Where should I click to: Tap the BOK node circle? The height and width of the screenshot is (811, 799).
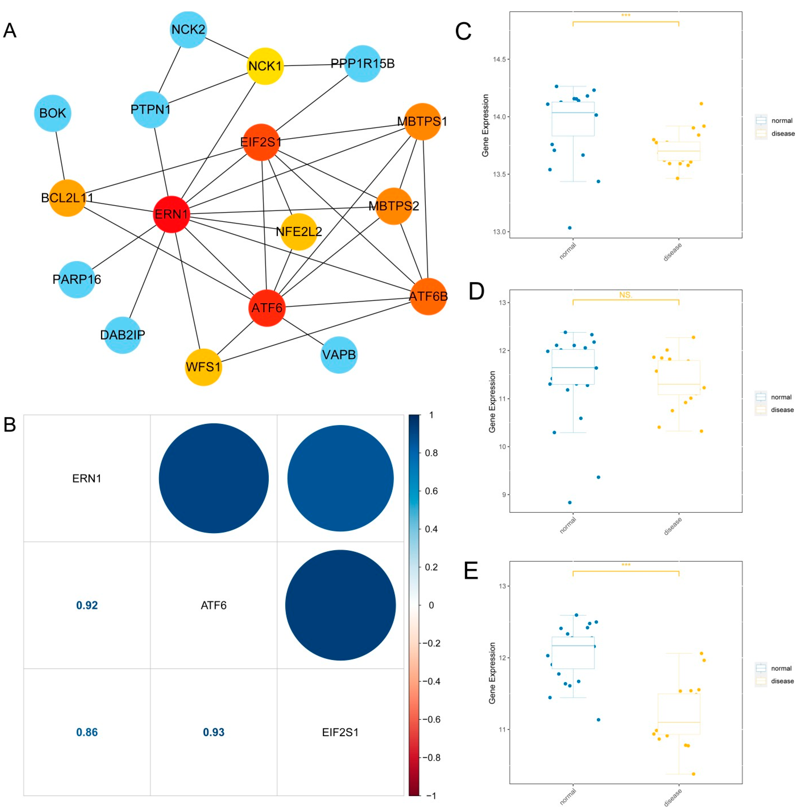pyautogui.click(x=53, y=113)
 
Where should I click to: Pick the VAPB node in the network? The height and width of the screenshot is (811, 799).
pyautogui.click(x=339, y=355)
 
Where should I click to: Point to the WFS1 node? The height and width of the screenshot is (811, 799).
pyautogui.click(x=203, y=367)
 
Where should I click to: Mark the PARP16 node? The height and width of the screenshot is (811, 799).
pyautogui.click(x=77, y=279)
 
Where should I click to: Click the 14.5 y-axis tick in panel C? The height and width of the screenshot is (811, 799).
pyautogui.click(x=499, y=60)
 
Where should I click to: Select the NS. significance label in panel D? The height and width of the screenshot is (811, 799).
pyautogui.click(x=625, y=295)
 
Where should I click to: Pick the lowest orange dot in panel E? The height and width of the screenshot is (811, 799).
pyautogui.click(x=693, y=774)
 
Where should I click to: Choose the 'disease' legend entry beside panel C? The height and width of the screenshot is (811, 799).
pyautogui.click(x=782, y=133)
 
